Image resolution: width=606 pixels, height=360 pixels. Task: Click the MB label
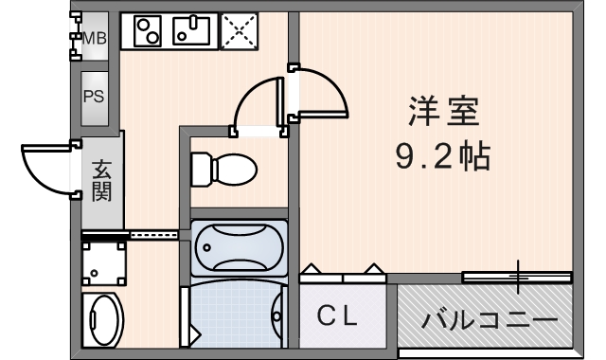[x=96, y=39]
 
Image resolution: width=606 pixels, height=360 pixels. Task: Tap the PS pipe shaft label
[x=95, y=96]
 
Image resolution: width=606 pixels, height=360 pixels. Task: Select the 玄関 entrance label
[x=102, y=182]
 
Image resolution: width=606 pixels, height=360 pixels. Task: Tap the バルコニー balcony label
[x=489, y=320]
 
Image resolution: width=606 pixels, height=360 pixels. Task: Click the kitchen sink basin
[x=195, y=32]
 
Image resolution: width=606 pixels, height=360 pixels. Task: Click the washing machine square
[x=103, y=261]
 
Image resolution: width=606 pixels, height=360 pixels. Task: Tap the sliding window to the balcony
[x=517, y=277]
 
